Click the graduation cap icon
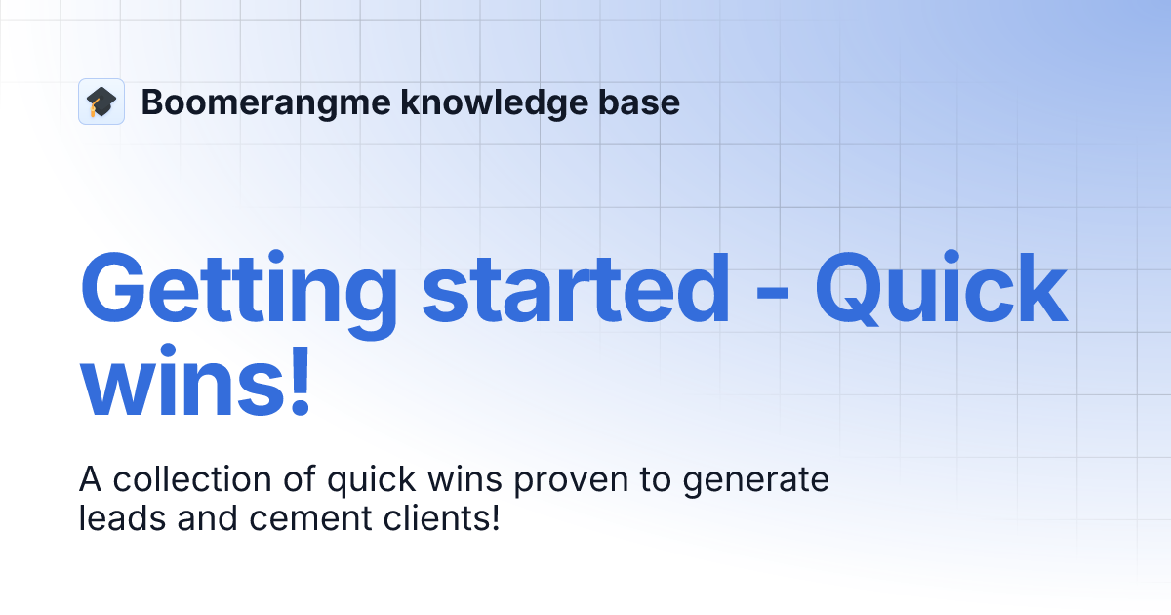click(x=101, y=102)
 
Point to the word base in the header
click(x=642, y=102)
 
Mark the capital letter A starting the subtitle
click(x=89, y=480)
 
